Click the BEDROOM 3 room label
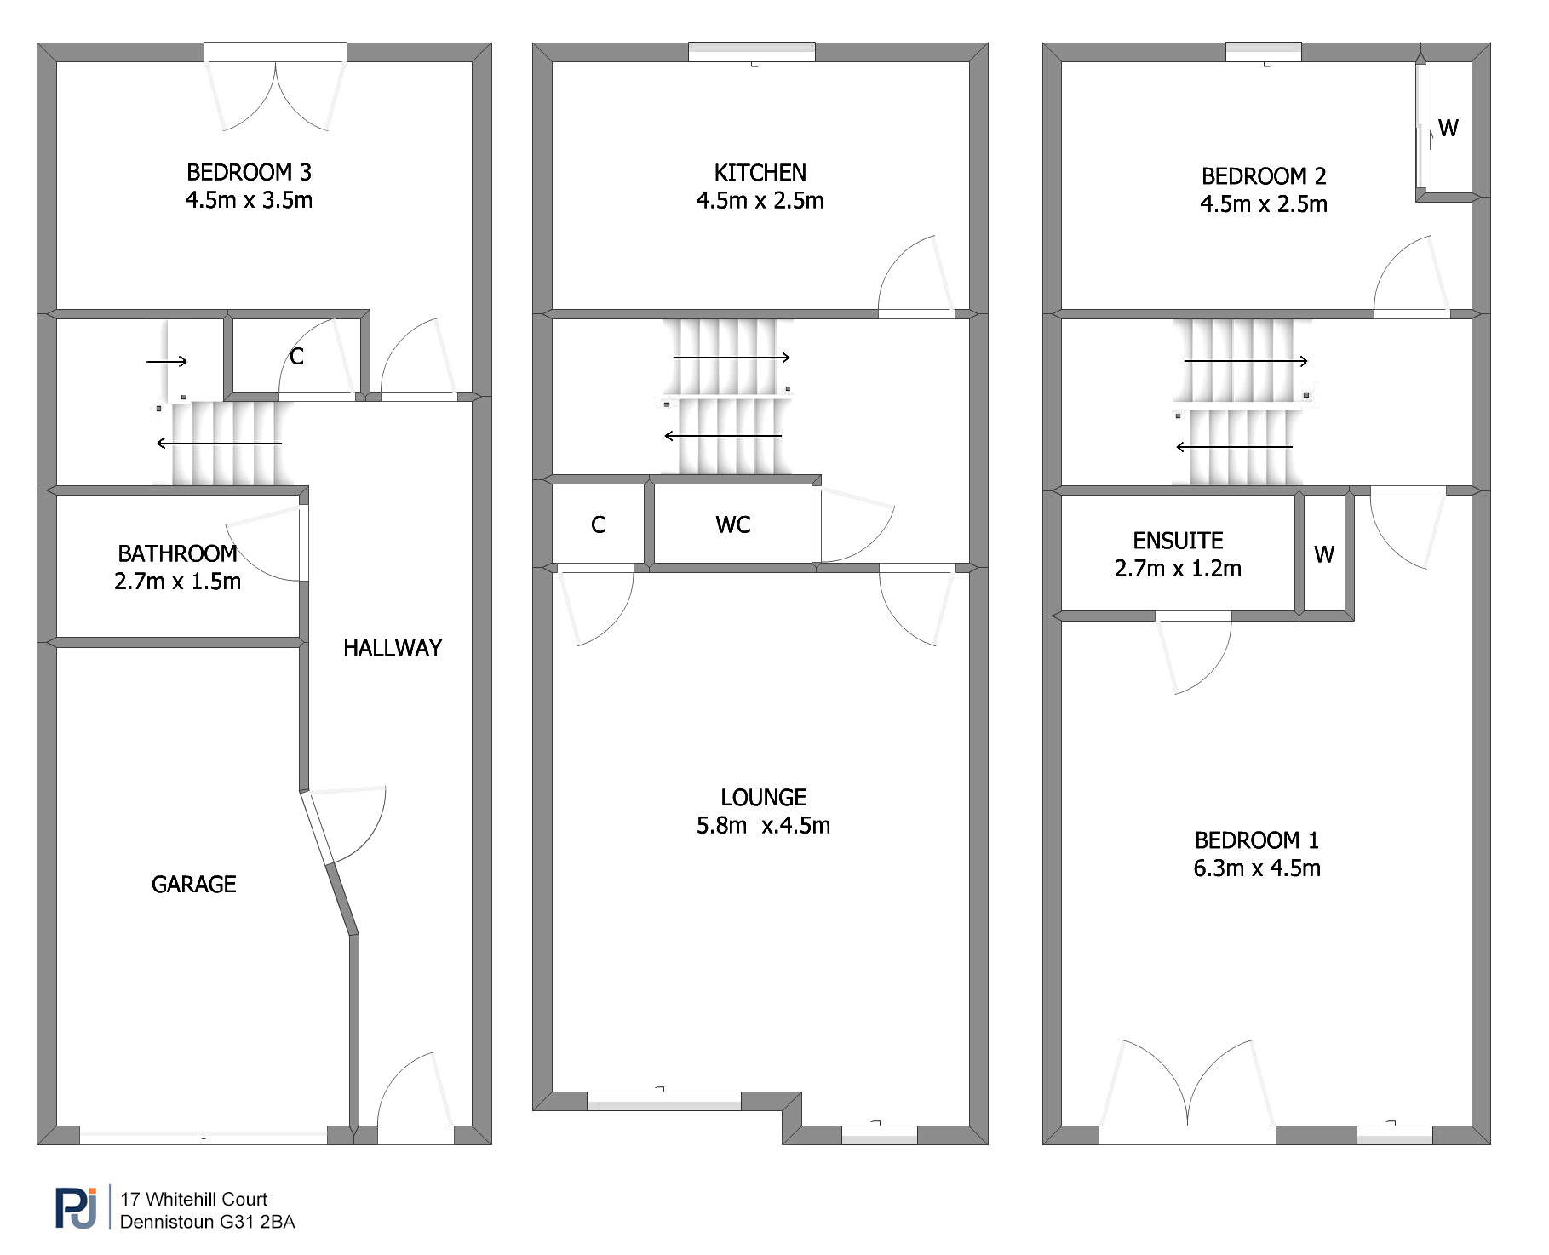click(249, 172)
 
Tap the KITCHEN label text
click(760, 173)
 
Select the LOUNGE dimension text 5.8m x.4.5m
click(763, 825)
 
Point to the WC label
click(733, 524)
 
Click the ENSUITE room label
click(1178, 541)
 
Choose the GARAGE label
click(194, 885)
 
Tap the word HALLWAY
click(393, 648)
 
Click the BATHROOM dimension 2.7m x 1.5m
click(177, 582)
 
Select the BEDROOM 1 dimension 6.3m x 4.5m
click(1257, 868)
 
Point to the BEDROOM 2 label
click(1264, 176)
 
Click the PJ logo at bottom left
click(77, 1208)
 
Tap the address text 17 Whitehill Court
click(194, 1199)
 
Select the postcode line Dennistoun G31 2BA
click(208, 1222)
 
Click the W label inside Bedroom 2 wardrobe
click(1448, 128)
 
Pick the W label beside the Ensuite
click(1324, 555)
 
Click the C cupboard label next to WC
click(599, 524)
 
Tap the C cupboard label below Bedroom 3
click(296, 357)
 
